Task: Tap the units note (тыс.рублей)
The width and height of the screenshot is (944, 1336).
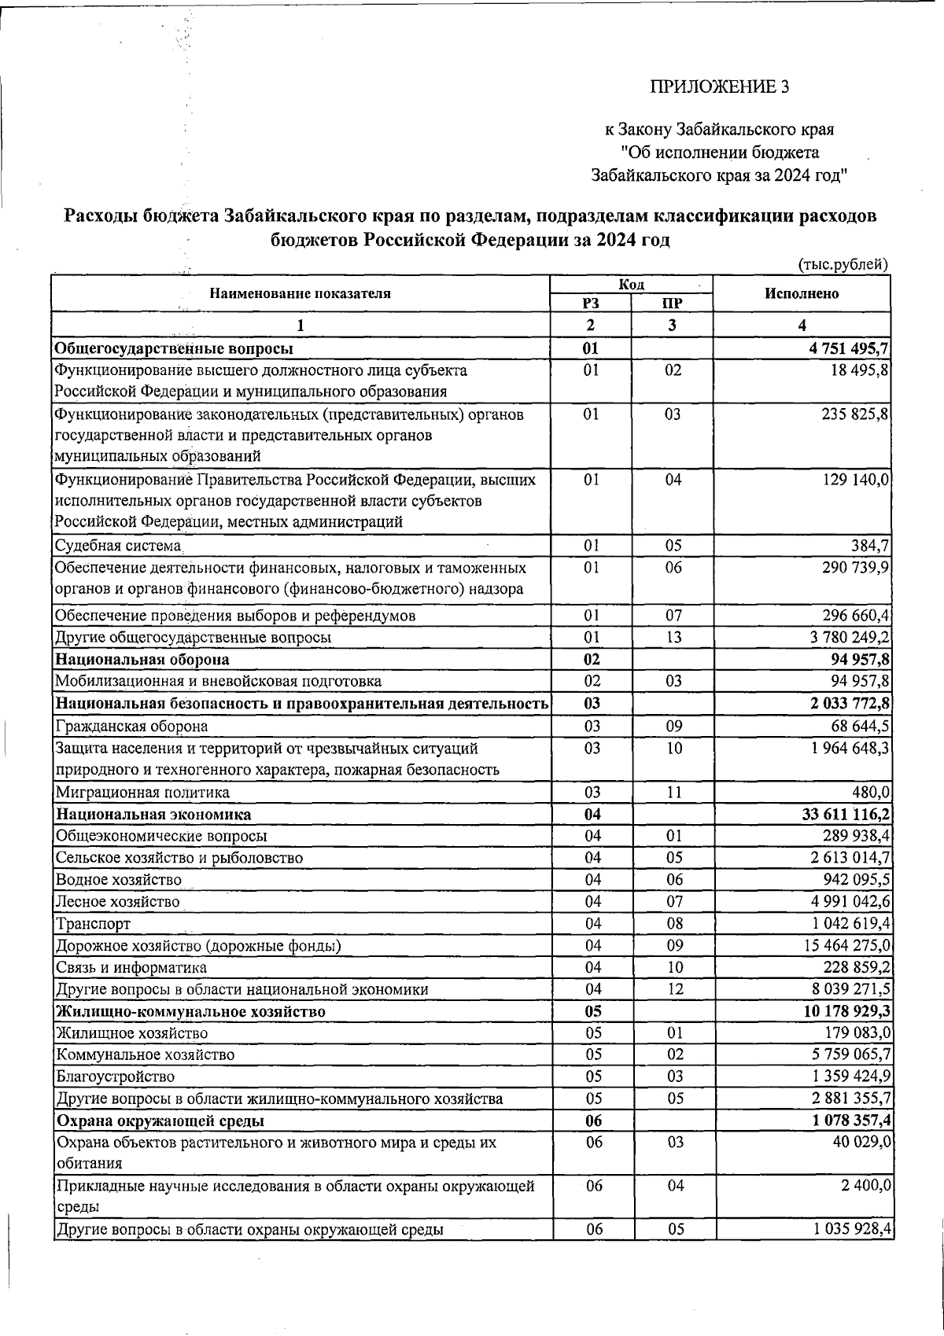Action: (x=843, y=265)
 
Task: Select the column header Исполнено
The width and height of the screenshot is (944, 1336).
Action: (x=801, y=293)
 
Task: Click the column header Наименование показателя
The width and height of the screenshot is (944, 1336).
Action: (x=300, y=293)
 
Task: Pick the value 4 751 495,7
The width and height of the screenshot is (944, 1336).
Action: (x=848, y=348)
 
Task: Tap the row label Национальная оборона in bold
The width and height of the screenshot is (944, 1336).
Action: (x=142, y=659)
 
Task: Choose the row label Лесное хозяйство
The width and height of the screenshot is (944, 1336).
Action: (x=117, y=902)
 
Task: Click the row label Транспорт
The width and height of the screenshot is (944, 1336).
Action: (x=92, y=924)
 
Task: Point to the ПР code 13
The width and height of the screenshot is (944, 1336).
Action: (x=672, y=637)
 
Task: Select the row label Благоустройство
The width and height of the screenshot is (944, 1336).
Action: (x=115, y=1077)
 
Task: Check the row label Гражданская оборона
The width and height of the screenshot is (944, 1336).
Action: (x=131, y=727)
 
